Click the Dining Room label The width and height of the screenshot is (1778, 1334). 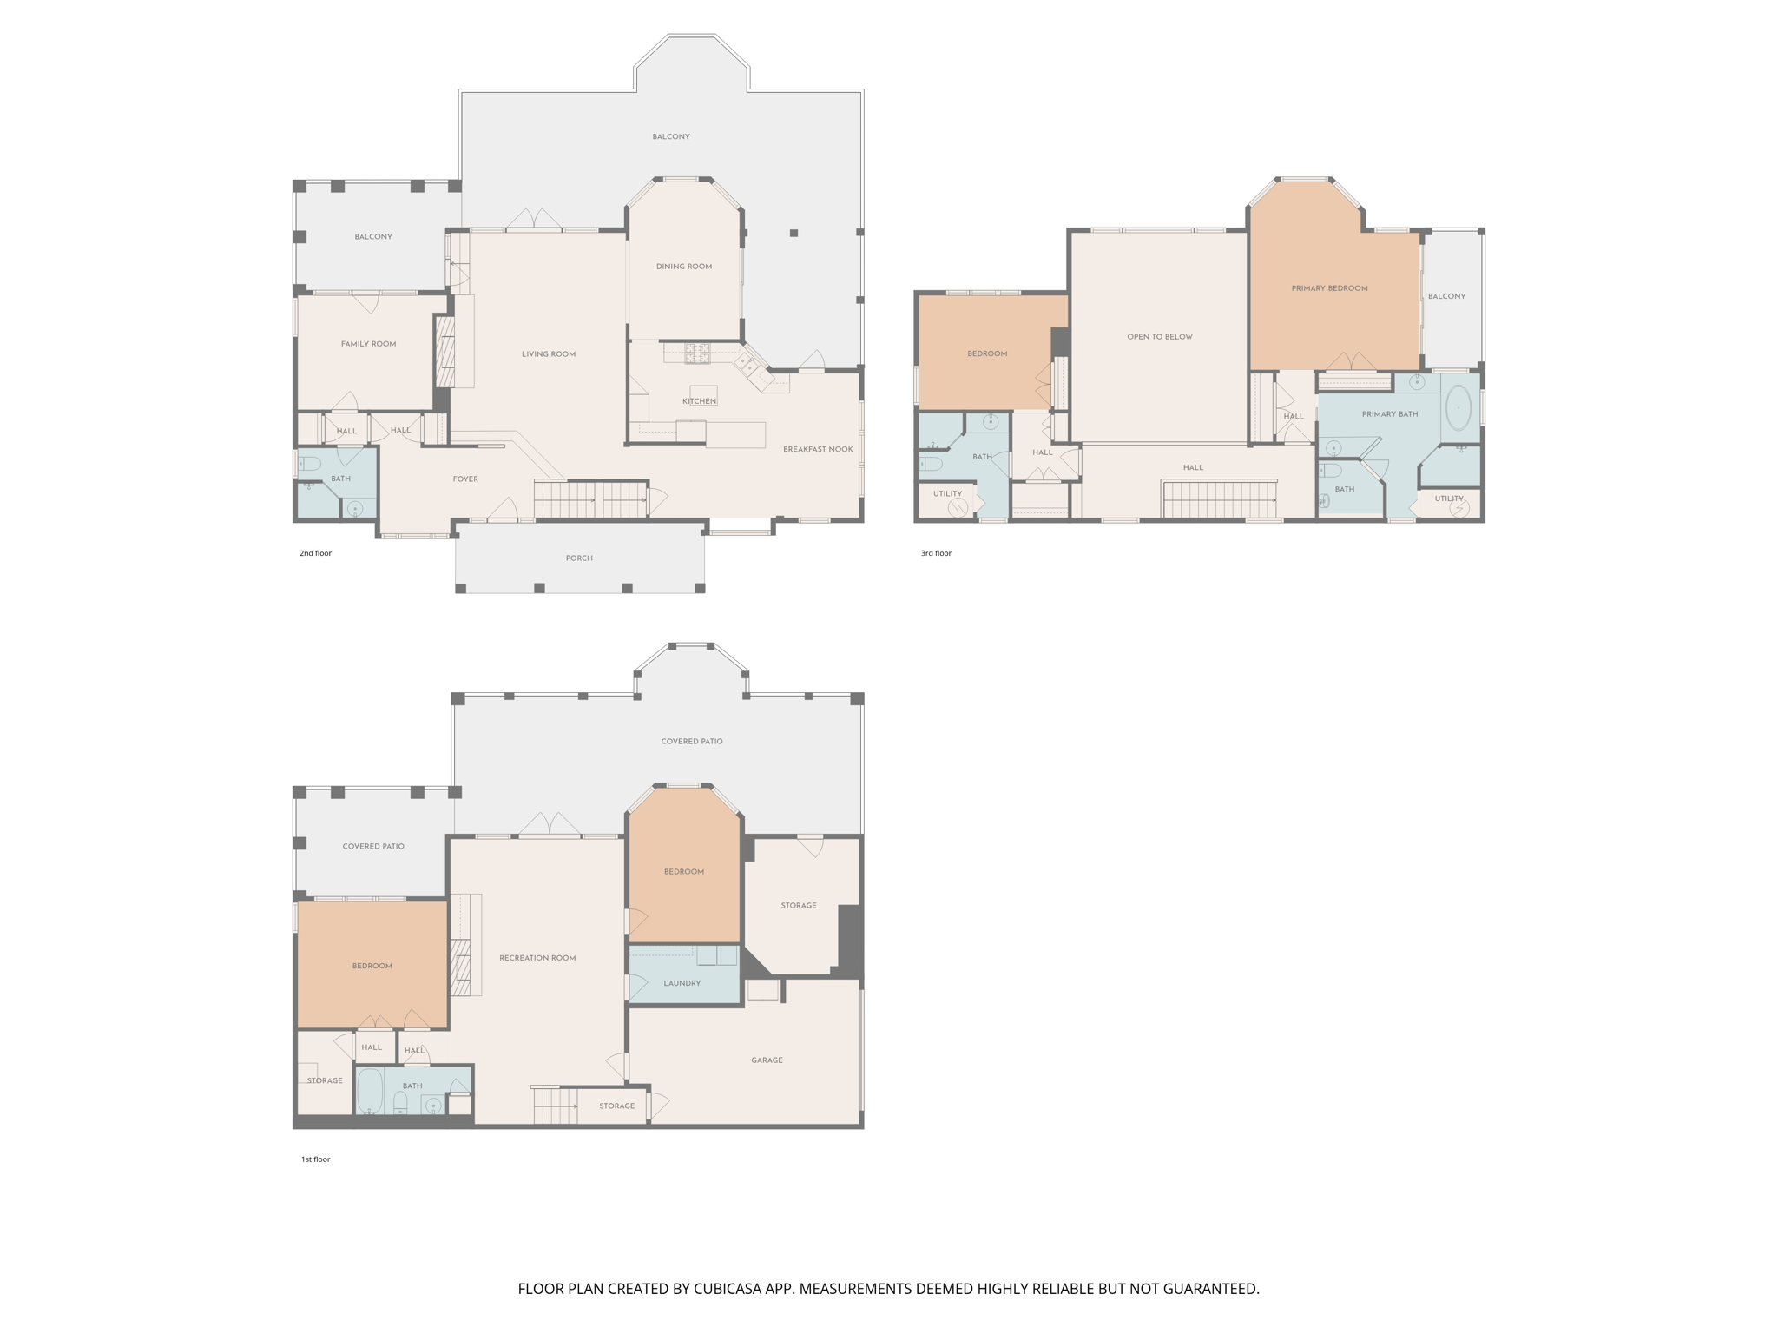click(x=684, y=267)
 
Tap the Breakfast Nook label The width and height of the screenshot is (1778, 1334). click(x=818, y=449)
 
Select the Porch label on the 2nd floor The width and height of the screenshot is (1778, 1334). click(x=579, y=558)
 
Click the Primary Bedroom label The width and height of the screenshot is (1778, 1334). click(x=1329, y=288)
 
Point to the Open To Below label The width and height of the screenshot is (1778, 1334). click(x=1160, y=337)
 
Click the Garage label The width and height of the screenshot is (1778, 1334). click(x=767, y=1060)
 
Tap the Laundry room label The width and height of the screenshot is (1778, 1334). click(x=682, y=983)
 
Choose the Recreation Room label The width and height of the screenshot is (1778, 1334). click(x=537, y=958)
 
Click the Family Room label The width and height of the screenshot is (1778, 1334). click(x=368, y=344)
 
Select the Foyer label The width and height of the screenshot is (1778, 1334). click(x=465, y=479)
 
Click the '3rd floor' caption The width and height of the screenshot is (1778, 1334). click(x=936, y=553)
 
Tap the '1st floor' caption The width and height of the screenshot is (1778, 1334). click(x=315, y=1159)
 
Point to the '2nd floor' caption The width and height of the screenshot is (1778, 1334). click(x=315, y=553)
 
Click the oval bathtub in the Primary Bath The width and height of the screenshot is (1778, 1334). click(x=1459, y=407)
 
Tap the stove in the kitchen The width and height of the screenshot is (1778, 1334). click(x=698, y=353)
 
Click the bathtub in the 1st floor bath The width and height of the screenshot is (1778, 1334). click(x=370, y=1092)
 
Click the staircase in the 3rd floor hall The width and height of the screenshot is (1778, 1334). click(x=1219, y=500)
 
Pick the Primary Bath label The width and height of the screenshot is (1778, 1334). click(x=1390, y=414)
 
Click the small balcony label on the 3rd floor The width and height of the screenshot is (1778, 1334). click(x=1446, y=296)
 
